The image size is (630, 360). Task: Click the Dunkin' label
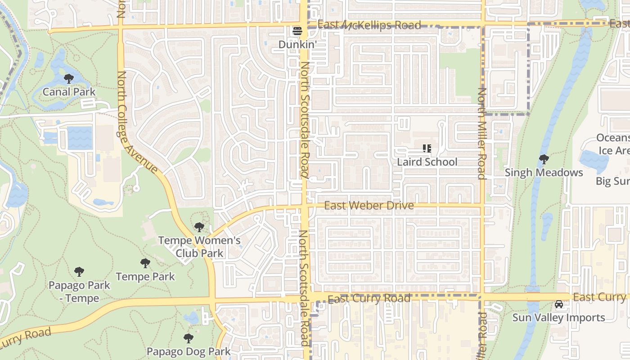click(x=297, y=45)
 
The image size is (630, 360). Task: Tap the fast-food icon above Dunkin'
click(x=297, y=31)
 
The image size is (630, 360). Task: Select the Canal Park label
click(x=69, y=92)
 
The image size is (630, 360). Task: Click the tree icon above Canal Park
click(x=69, y=79)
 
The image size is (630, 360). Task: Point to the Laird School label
click(x=427, y=162)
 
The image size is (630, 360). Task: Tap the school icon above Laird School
click(x=427, y=148)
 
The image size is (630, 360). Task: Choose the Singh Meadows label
click(x=544, y=172)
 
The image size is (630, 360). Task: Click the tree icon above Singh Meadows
click(x=544, y=159)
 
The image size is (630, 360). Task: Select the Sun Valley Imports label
click(x=558, y=317)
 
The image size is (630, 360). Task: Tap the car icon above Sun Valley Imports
click(x=558, y=304)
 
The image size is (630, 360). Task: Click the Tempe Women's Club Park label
click(x=199, y=247)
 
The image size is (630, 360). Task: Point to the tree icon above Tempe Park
click(x=145, y=263)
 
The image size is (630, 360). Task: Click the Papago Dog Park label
click(x=189, y=351)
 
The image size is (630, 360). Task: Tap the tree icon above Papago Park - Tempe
click(x=79, y=272)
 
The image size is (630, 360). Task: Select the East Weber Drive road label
click(x=369, y=206)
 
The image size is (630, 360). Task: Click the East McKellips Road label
click(x=369, y=25)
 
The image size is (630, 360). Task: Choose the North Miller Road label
click(x=482, y=133)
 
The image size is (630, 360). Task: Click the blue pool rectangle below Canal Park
click(x=80, y=138)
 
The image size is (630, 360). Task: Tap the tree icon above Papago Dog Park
click(x=189, y=338)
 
